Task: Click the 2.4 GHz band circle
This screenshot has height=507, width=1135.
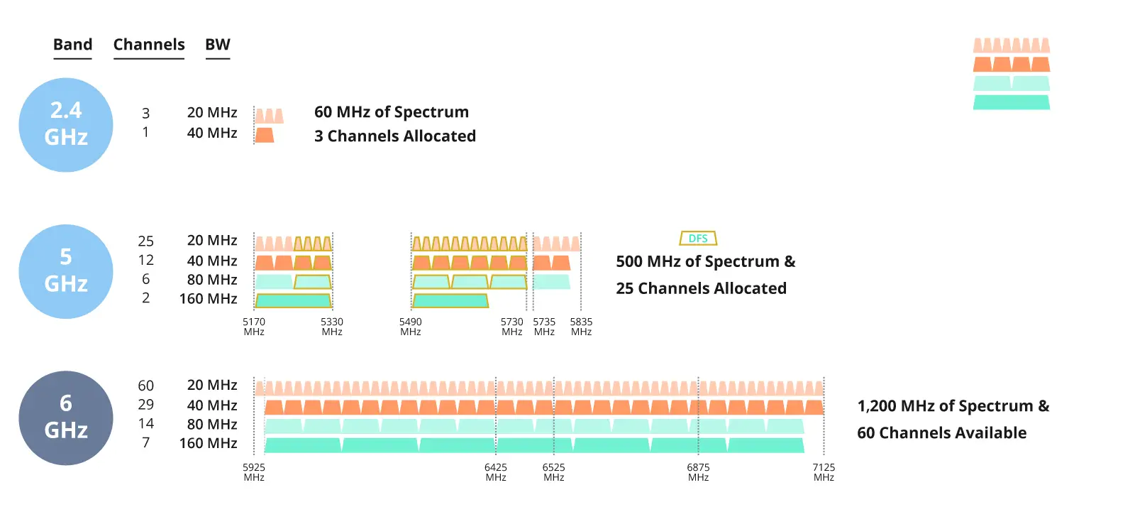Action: click(66, 125)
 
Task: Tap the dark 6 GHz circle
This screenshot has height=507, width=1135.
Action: click(66, 418)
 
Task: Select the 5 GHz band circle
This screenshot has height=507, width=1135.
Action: click(66, 271)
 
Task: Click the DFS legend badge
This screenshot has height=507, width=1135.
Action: click(698, 239)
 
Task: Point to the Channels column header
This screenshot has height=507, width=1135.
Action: click(149, 45)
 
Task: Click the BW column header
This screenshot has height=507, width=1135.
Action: click(218, 45)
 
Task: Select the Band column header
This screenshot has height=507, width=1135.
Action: click(73, 45)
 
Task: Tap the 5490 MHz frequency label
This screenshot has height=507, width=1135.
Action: click(411, 327)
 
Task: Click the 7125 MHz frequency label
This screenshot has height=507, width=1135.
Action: click(824, 472)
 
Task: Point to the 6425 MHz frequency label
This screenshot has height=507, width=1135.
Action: click(496, 472)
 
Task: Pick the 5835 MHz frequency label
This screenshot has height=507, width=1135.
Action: click(581, 327)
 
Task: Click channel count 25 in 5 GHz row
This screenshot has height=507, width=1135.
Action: click(146, 241)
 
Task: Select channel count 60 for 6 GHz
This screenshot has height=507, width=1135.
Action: click(146, 386)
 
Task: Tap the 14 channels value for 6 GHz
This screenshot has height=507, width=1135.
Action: click(146, 424)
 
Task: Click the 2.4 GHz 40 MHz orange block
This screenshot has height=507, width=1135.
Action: click(265, 135)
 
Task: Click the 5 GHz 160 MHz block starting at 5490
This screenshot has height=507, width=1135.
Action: click(450, 301)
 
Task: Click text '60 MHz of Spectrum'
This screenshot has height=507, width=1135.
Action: click(392, 112)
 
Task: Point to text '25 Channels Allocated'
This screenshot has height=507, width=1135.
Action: click(701, 288)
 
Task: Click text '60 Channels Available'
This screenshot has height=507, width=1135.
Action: click(941, 433)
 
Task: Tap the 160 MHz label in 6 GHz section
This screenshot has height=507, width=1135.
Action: click(209, 443)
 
